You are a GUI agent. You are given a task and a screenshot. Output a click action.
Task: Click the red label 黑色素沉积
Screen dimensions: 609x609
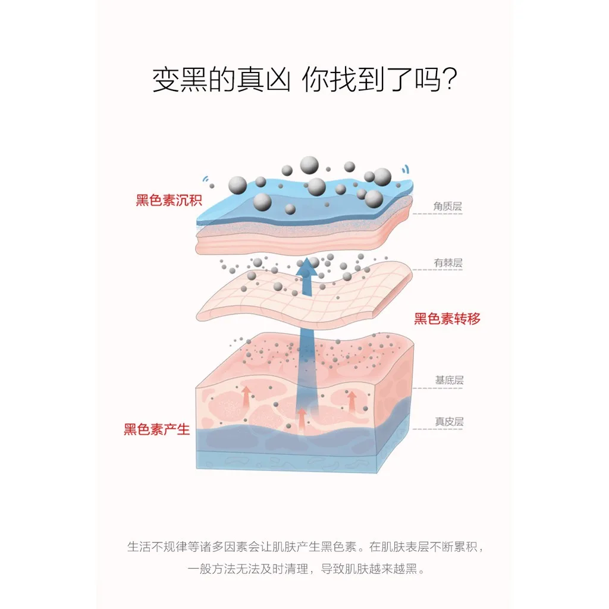click(169, 200)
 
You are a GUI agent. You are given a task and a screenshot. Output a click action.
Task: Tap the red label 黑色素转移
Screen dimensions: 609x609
click(447, 319)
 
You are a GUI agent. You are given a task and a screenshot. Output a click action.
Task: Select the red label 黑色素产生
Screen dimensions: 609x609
click(156, 429)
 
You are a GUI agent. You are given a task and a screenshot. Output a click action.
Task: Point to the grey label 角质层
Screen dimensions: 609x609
click(447, 207)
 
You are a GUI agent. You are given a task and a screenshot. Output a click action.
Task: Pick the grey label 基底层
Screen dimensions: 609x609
click(449, 380)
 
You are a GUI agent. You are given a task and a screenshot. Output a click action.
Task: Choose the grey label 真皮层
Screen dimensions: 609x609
click(449, 422)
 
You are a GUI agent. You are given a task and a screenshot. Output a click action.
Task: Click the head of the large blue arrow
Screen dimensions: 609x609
click(307, 268)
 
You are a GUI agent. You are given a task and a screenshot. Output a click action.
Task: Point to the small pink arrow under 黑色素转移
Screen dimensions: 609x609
click(352, 401)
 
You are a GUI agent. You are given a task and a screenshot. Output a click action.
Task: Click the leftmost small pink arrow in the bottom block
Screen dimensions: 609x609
click(245, 395)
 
